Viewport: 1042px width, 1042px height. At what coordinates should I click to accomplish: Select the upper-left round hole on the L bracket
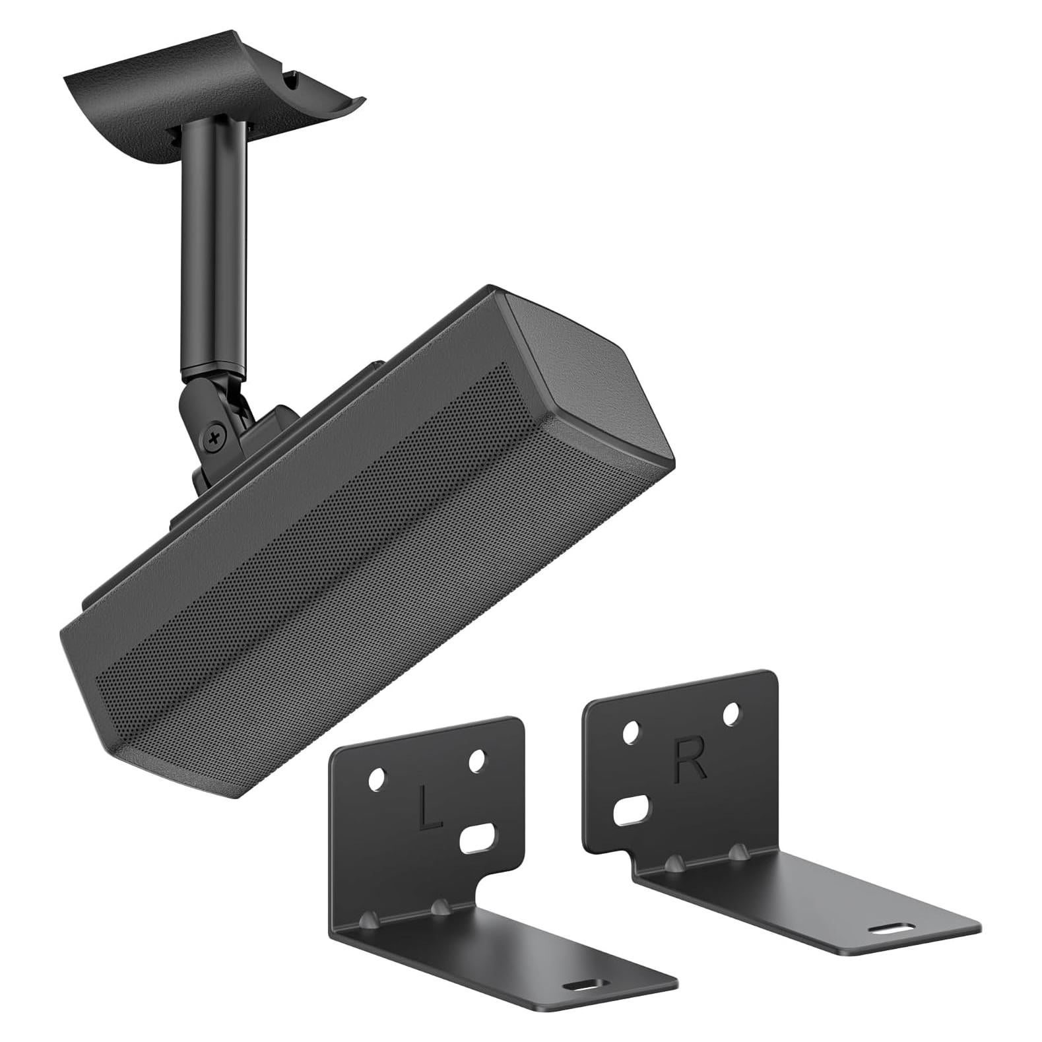377,779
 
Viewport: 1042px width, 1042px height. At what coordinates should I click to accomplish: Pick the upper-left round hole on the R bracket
632,732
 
